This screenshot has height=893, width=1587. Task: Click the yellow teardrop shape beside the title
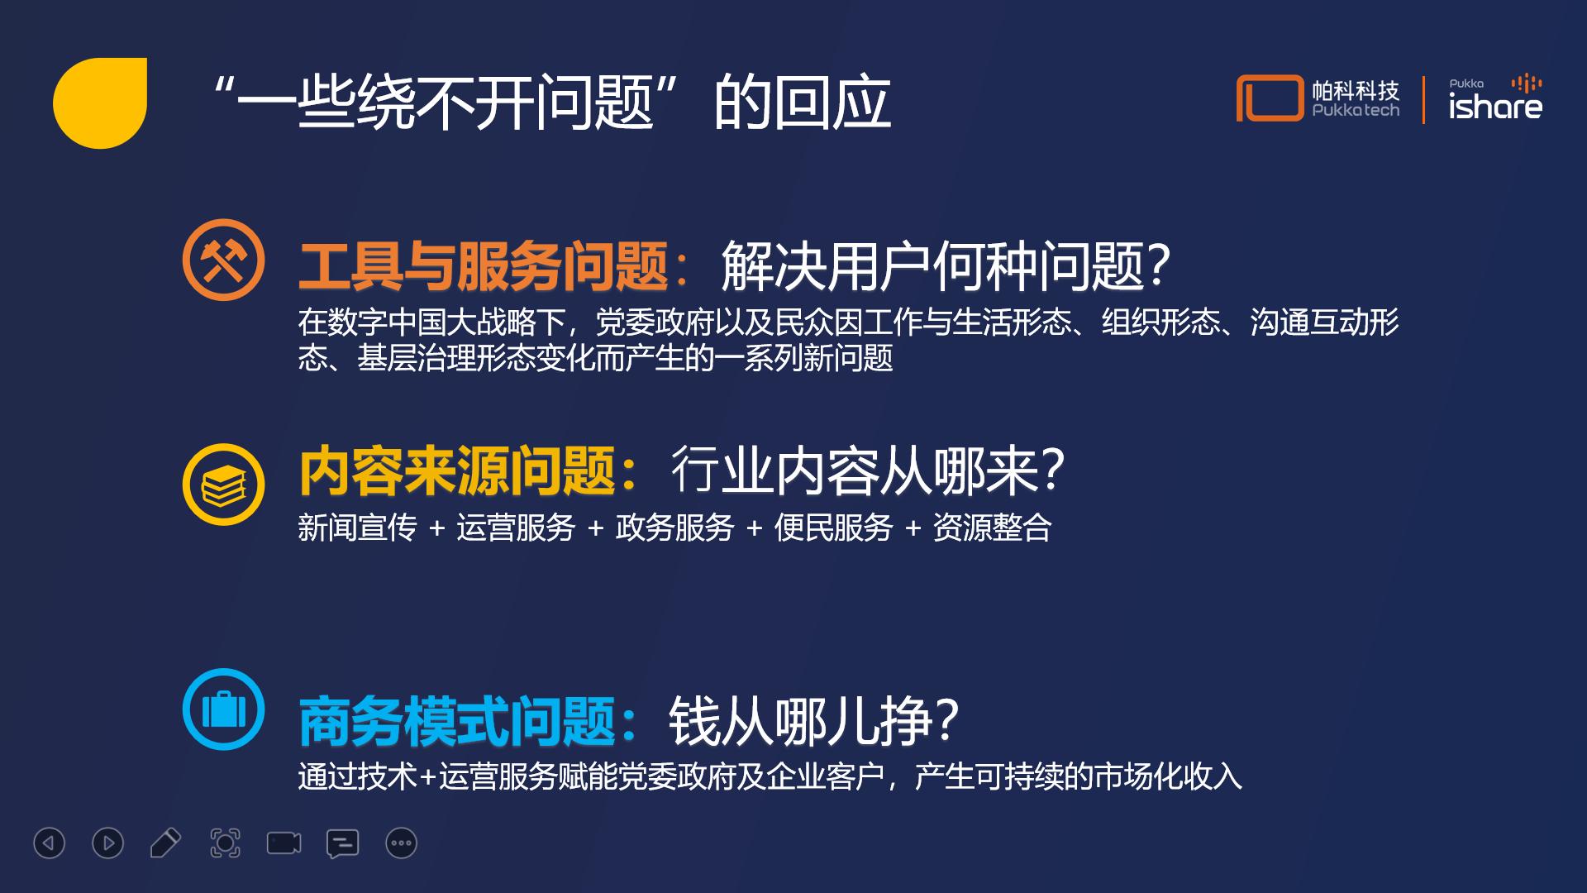tap(100, 103)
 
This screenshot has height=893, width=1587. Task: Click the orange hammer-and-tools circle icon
tap(223, 260)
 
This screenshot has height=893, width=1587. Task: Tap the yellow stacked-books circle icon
tap(223, 485)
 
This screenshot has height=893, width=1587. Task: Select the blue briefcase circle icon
tap(223, 709)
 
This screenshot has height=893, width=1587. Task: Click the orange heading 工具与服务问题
tap(483, 266)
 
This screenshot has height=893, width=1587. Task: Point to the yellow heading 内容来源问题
tap(458, 471)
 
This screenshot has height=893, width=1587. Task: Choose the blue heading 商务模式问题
tap(458, 721)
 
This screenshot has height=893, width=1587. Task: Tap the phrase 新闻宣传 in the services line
tap(357, 528)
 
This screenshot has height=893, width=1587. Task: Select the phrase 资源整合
tap(992, 528)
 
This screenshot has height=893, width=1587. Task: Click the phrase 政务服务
tap(674, 528)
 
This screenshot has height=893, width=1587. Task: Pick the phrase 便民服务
tap(833, 528)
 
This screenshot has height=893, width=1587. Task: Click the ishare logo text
tap(1495, 106)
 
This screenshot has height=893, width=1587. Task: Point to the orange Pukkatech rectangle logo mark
tap(1270, 98)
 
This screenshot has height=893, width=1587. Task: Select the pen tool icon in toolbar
tap(165, 843)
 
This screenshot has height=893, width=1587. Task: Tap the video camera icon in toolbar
tap(284, 843)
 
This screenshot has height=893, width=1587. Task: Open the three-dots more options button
tap(402, 843)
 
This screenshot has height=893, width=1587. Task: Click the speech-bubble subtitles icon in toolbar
tap(342, 843)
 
